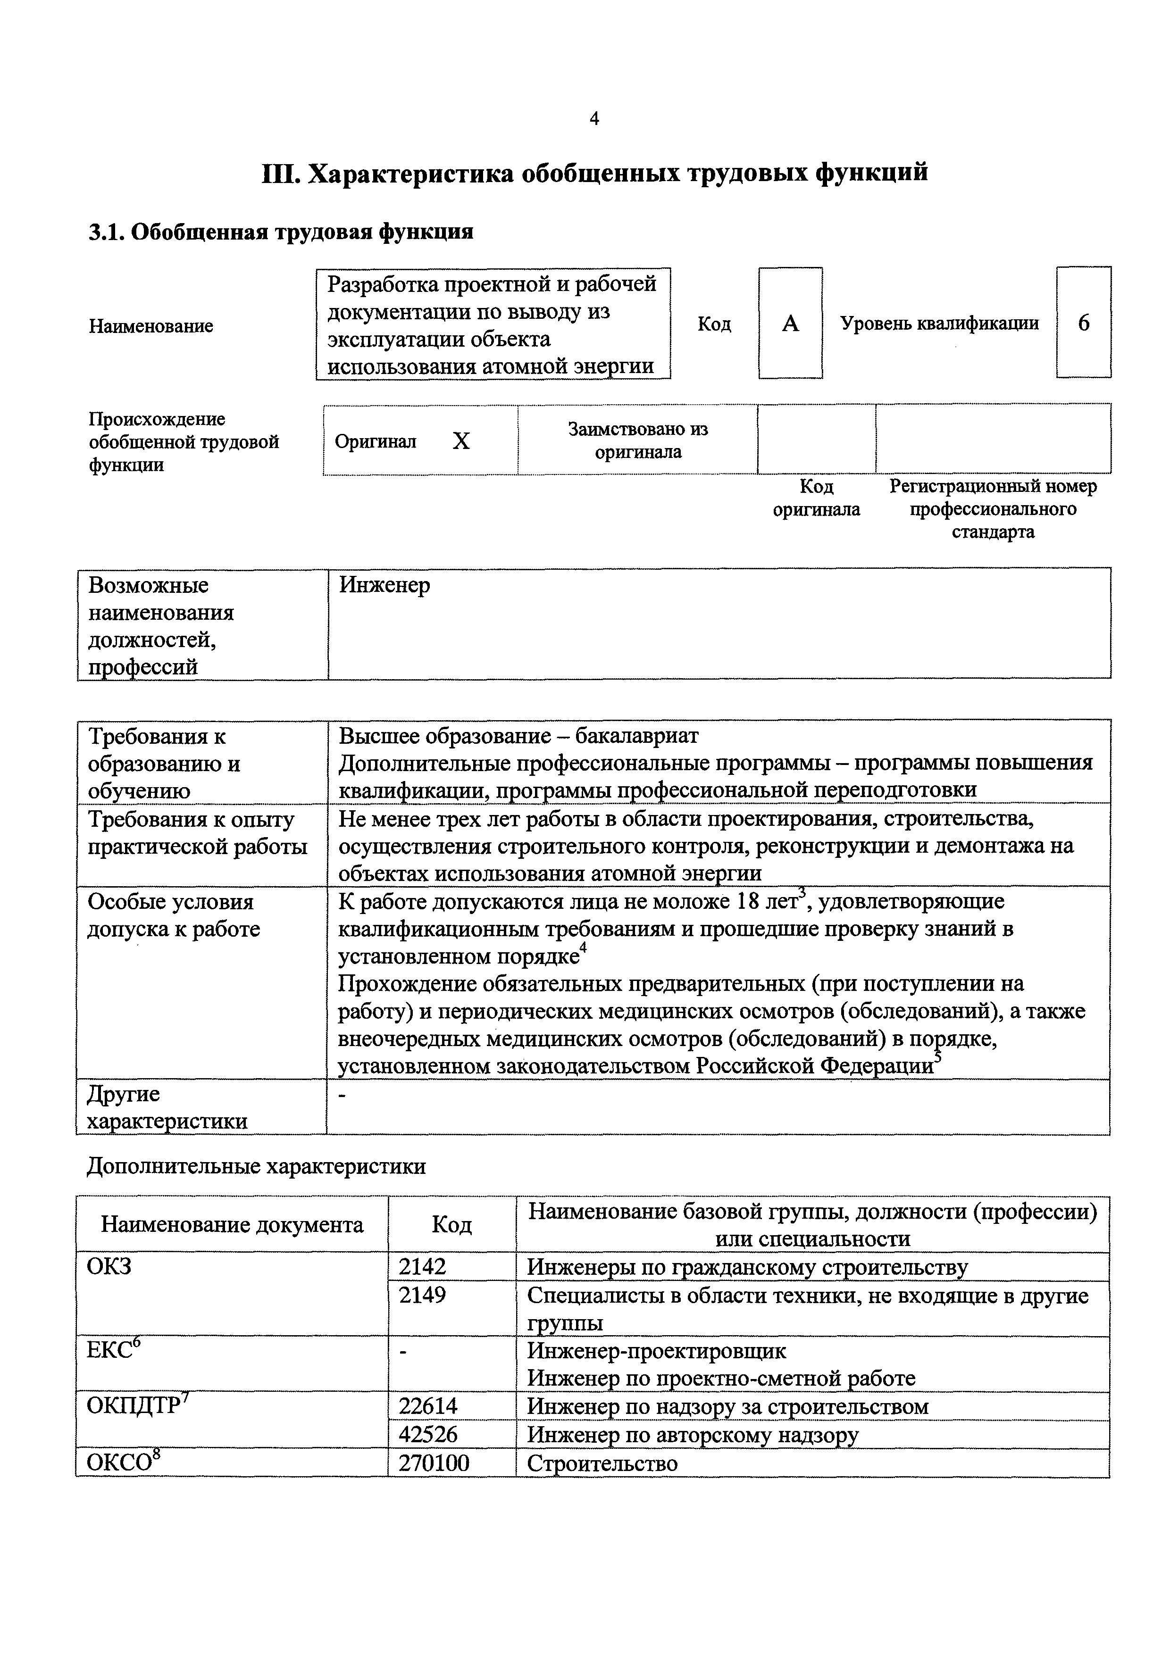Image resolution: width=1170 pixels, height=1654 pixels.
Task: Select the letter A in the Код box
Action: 790,324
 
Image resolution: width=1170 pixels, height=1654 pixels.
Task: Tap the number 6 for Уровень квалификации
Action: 1084,323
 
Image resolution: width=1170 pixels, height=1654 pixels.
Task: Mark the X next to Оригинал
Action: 461,441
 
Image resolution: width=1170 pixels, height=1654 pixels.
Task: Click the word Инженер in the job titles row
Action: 384,585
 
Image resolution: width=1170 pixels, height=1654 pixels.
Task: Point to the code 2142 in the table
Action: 423,1266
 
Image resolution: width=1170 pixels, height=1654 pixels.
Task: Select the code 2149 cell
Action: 423,1295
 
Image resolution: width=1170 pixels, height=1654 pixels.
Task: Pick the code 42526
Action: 429,1434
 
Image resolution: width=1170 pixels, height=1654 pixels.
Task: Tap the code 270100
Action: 435,1463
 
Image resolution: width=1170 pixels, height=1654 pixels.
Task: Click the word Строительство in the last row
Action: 602,1463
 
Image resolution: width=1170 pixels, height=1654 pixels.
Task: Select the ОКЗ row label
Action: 109,1266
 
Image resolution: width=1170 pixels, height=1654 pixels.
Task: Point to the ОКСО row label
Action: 123,1463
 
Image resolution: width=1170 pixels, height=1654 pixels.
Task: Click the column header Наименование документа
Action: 232,1225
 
